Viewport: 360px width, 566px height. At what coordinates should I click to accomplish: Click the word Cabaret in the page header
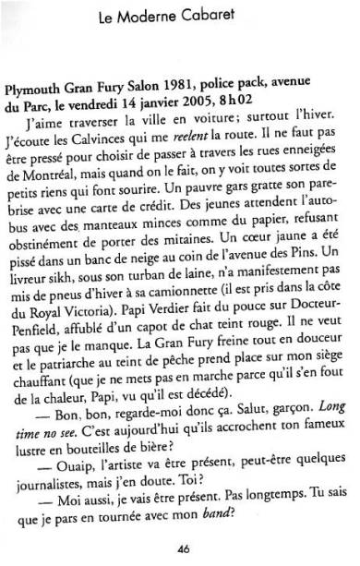click(x=227, y=14)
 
